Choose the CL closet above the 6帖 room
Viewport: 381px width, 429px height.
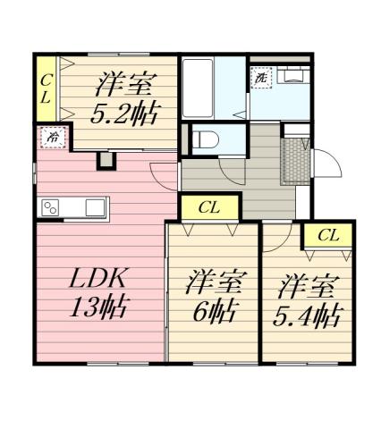point(209,208)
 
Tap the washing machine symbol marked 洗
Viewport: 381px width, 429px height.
point(261,78)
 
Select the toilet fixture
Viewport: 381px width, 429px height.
point(205,139)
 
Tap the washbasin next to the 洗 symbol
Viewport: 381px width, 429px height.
point(291,75)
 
